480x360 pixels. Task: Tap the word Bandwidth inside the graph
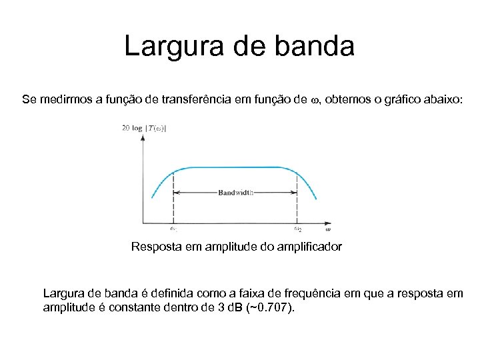coord(236,193)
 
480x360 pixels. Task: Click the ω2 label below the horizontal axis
coord(297,229)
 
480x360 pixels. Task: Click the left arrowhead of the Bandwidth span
coord(176,193)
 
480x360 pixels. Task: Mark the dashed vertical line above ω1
coord(173,200)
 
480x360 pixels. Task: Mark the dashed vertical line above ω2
coord(297,200)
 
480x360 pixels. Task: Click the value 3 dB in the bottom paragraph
coord(251,309)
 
